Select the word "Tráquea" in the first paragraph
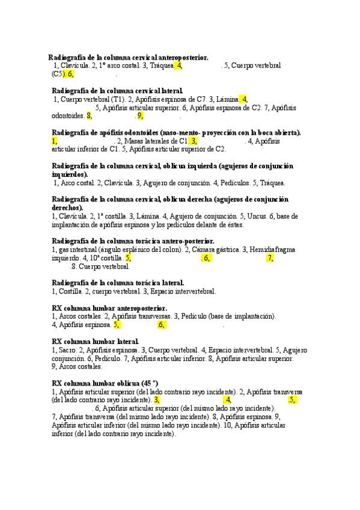(x=162, y=66)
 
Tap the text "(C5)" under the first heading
(x=58, y=74)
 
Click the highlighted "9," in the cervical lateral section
(x=140, y=117)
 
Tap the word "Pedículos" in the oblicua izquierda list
(x=233, y=182)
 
